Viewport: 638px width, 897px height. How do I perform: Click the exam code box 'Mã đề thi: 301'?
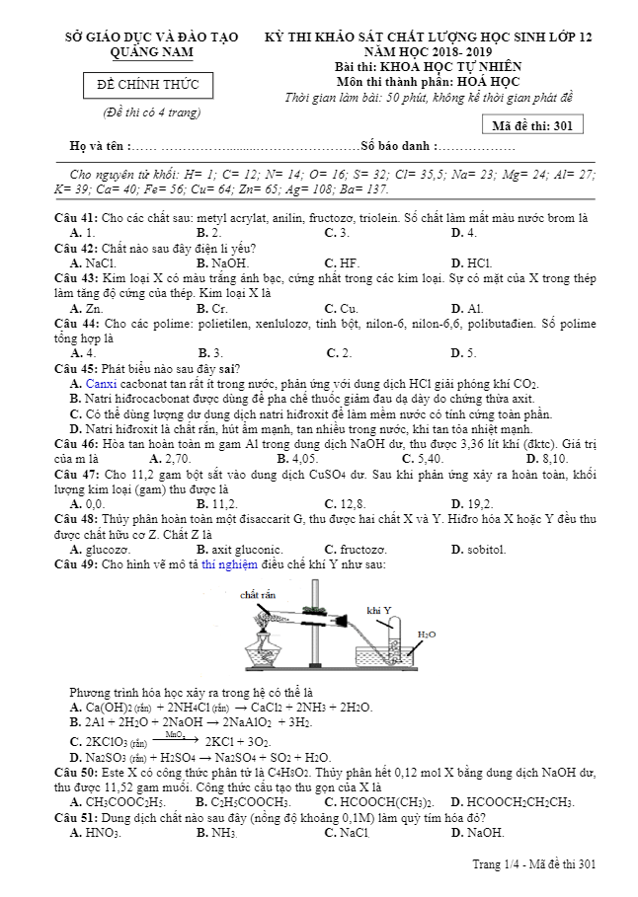(532, 125)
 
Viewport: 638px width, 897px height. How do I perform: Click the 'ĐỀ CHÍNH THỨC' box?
(147, 86)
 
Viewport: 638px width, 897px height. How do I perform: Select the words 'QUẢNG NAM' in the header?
(151, 51)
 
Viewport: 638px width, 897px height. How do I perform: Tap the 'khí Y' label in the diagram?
(379, 609)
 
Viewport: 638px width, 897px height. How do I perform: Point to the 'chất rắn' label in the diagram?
(256, 596)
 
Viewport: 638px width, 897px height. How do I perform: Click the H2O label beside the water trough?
(427, 634)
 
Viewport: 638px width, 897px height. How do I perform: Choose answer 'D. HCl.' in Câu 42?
(471, 263)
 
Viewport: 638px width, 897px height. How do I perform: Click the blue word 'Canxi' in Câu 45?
(102, 383)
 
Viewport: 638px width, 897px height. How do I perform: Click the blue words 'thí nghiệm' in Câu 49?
(229, 564)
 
